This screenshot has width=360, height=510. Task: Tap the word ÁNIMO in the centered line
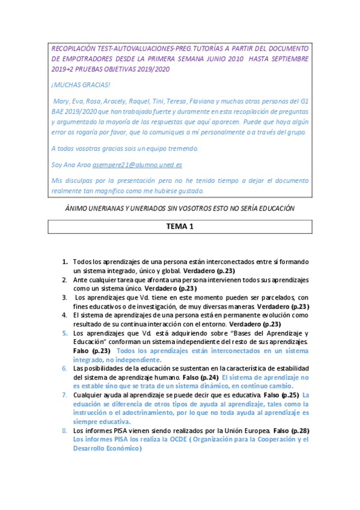tap(76, 207)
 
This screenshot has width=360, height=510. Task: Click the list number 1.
tap(65, 262)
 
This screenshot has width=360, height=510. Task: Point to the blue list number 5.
tap(65, 333)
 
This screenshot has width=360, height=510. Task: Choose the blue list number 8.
tap(65, 431)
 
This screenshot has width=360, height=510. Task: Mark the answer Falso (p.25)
tap(282, 395)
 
